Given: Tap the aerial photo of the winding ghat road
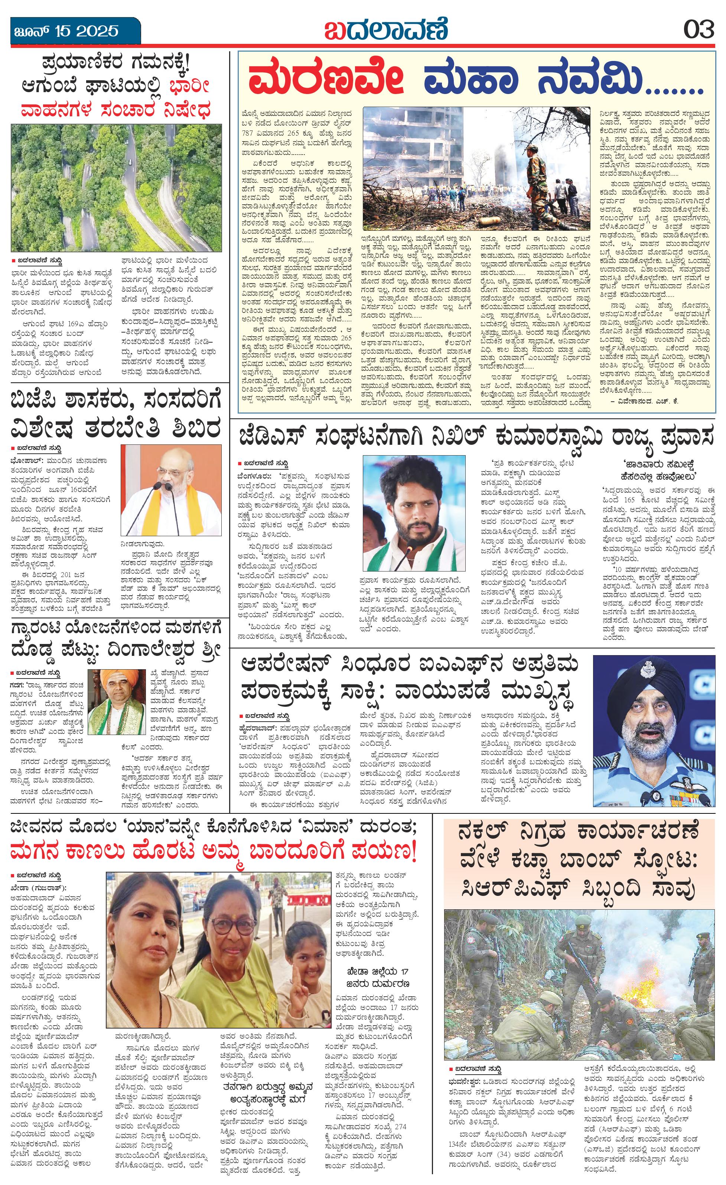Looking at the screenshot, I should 116,188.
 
